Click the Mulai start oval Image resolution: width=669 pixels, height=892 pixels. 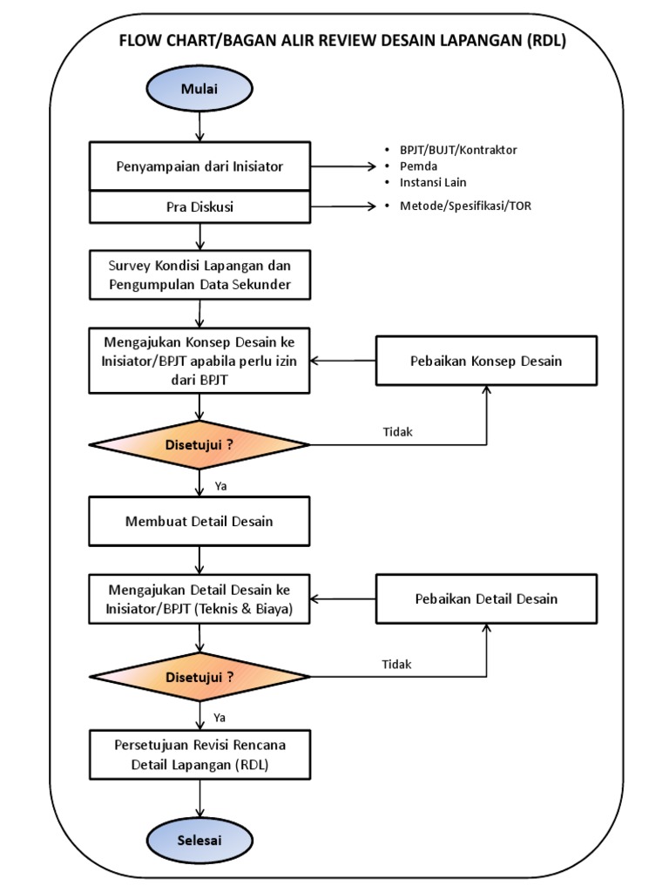pyautogui.click(x=199, y=90)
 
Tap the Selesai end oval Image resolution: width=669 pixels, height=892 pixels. pyautogui.click(x=199, y=841)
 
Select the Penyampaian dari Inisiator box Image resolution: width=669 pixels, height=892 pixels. pyautogui.click(x=199, y=166)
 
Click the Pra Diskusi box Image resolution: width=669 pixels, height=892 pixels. pyautogui.click(x=199, y=207)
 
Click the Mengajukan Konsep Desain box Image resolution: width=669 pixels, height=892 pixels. pyautogui.click(x=199, y=360)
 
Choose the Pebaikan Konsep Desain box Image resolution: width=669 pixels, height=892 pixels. pyautogui.click(x=486, y=361)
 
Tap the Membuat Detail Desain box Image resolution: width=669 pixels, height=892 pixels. pyautogui.click(x=199, y=521)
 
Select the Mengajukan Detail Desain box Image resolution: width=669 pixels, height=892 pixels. pyautogui.click(x=199, y=599)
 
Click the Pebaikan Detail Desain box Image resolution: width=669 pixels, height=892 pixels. pyautogui.click(x=486, y=598)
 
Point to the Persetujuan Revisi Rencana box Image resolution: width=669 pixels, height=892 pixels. pyautogui.click(x=199, y=755)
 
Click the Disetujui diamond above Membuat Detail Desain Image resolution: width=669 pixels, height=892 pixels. pyautogui.click(x=199, y=444)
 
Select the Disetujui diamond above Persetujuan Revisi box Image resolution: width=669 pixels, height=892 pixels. pyautogui.click(x=199, y=677)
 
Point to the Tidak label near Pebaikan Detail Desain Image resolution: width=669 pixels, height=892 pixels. pyautogui.click(x=396, y=664)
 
